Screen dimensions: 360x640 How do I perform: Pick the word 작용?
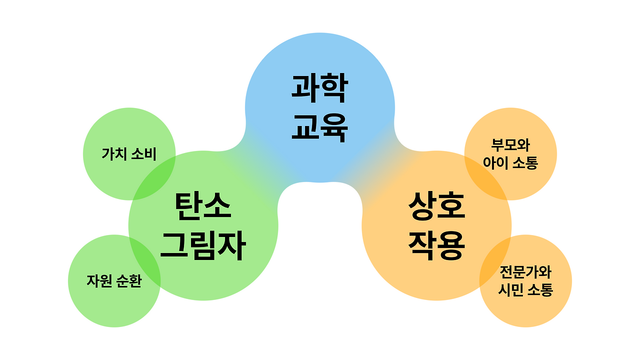click(436, 246)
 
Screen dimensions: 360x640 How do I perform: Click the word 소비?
click(143, 154)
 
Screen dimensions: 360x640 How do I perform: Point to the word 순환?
click(128, 281)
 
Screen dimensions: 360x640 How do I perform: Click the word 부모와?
click(510, 145)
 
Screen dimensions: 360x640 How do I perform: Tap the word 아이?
click(495, 163)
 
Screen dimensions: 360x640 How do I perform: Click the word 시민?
click(510, 290)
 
